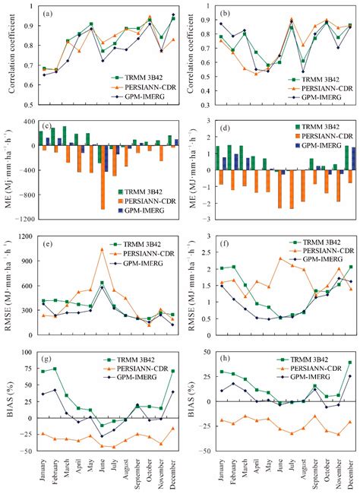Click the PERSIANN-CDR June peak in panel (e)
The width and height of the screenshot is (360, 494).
pyautogui.click(x=102, y=249)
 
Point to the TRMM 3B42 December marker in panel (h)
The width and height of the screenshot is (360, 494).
pyautogui.click(x=349, y=363)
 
